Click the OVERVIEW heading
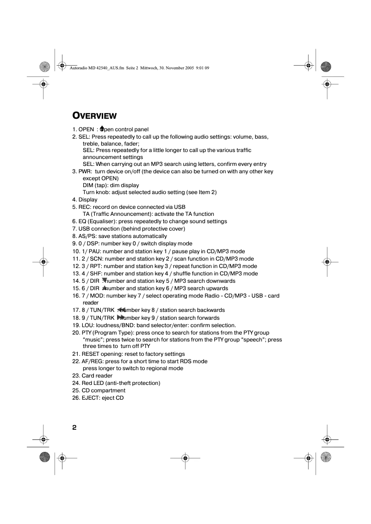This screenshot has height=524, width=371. (94, 116)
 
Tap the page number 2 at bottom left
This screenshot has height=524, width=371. (74, 427)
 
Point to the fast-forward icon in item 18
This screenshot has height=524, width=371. (121, 318)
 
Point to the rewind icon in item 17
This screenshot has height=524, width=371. (121, 310)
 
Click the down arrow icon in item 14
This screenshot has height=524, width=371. (105, 280)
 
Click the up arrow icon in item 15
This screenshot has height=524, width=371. (105, 288)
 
